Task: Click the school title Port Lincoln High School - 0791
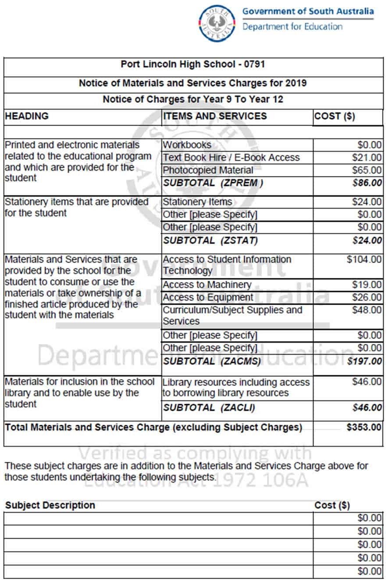(193, 65)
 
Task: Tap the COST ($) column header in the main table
(335, 116)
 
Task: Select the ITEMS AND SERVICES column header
(215, 116)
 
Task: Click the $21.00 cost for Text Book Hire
(367, 158)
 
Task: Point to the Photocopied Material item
(208, 170)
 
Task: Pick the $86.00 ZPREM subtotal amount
(367, 183)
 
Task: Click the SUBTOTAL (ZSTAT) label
(210, 241)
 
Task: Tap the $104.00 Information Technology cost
(364, 259)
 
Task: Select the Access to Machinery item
(207, 285)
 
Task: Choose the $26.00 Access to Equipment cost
(367, 298)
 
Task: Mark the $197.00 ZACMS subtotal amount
(364, 361)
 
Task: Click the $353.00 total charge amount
(364, 427)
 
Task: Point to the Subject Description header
(50, 505)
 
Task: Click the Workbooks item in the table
(187, 145)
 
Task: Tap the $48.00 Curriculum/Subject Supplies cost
(367, 310)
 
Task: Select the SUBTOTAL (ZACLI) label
(209, 408)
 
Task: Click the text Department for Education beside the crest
(292, 26)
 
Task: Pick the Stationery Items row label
(197, 202)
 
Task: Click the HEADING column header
(26, 116)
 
